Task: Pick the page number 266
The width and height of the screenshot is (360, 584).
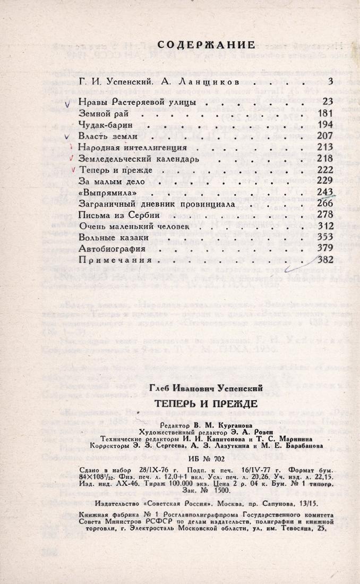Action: click(x=324, y=204)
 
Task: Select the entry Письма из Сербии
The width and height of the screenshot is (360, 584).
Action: click(x=115, y=215)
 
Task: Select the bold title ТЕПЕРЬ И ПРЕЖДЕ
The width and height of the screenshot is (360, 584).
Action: click(x=206, y=403)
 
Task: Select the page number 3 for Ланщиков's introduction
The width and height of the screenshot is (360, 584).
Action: click(x=330, y=81)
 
